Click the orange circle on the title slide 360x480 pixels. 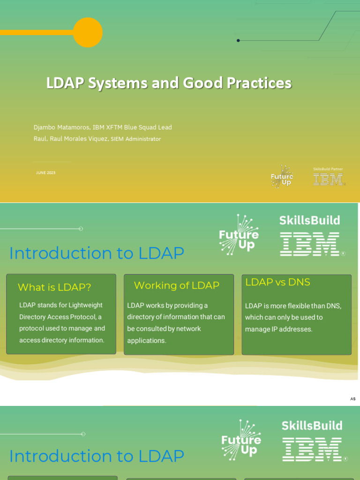88,32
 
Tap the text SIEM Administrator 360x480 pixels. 136,139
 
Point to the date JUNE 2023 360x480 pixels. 46,173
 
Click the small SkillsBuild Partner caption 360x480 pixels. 328,169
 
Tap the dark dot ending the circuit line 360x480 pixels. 238,41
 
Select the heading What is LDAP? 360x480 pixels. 54,287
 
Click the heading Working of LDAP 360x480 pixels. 177,285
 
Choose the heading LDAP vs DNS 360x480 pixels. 278,282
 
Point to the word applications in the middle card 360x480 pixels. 147,341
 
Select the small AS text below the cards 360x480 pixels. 353,399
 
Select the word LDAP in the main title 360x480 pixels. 65,83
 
